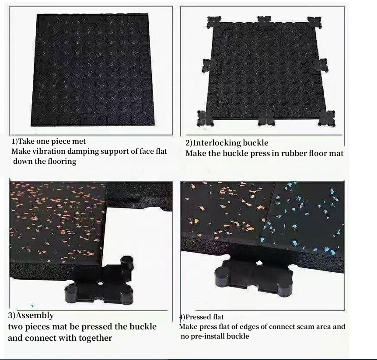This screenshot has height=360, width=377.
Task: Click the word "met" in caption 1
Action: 79,142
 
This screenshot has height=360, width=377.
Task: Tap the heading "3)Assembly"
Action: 31,315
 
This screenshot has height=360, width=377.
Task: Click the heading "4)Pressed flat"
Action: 202,317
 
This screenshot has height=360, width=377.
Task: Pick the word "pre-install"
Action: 210,336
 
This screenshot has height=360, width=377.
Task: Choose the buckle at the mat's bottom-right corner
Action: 326,118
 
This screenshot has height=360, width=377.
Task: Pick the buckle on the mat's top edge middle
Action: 263,22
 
